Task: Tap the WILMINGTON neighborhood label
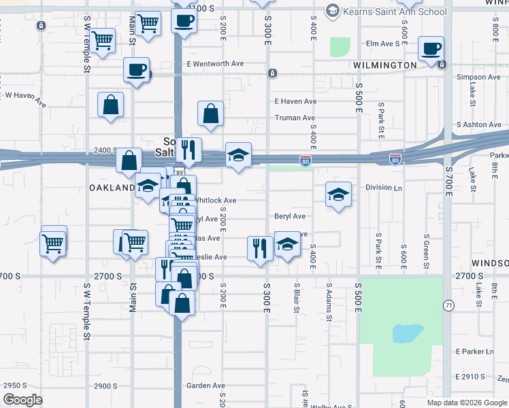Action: pyautogui.click(x=384, y=65)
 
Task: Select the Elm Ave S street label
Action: pyautogui.click(x=382, y=44)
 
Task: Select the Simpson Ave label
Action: pyautogui.click(x=478, y=77)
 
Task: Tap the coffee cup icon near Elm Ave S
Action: pyautogui.click(x=431, y=49)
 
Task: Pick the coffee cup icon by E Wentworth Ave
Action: pyautogui.click(x=137, y=69)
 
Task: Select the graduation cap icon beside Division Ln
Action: pyautogui.click(x=338, y=194)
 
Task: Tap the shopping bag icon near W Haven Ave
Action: pyautogui.click(x=110, y=105)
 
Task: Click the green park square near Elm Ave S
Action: pyautogui.click(x=340, y=47)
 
